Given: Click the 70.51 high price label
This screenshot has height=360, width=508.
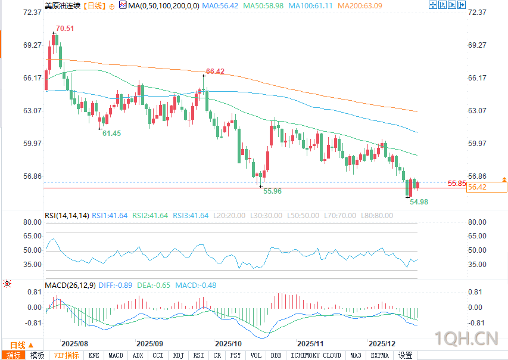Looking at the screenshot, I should pos(65,29).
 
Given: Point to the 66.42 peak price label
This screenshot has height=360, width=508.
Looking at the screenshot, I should pos(215,72).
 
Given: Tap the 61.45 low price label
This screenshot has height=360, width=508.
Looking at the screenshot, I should pos(111,134).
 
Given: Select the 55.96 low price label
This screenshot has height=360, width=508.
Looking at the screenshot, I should pos(272,191).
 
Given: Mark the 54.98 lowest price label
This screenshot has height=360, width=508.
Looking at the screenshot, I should pos(419,202).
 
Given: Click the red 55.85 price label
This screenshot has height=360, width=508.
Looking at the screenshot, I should pos(457,183).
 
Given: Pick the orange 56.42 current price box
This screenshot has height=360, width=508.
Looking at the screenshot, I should pos(487,187).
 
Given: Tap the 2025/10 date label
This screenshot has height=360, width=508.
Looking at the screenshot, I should pos(227,344).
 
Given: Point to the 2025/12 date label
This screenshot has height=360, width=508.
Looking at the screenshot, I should pos(382,344).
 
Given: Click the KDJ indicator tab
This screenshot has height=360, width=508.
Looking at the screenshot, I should pos(178,355).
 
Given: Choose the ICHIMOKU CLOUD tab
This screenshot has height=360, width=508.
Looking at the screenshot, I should pos(316,355).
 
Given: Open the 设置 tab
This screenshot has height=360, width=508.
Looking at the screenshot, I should pos(406,355).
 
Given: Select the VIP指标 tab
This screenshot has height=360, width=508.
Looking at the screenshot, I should pos(66,355).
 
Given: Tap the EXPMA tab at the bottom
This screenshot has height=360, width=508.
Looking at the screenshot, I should pos(379,355).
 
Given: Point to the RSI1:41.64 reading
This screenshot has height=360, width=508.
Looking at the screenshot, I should pos(110,215).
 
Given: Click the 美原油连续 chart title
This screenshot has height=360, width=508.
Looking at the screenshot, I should pos(61,5).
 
